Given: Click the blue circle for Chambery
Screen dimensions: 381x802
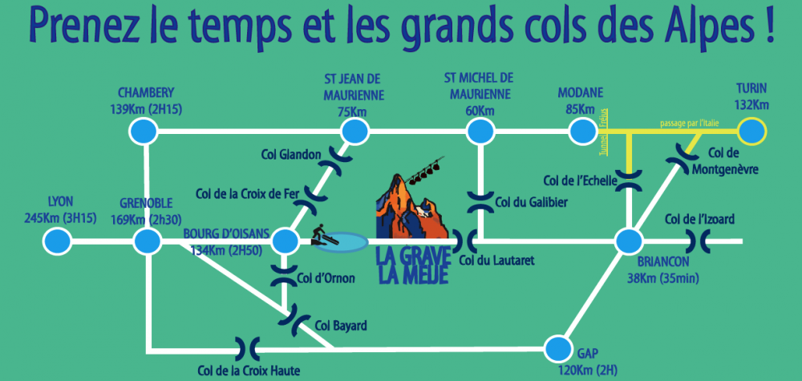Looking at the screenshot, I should [143, 130].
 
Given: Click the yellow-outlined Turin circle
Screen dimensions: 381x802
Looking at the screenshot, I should [751, 129].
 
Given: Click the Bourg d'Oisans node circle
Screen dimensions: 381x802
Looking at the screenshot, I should [286, 241].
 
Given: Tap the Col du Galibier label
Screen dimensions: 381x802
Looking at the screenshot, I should [532, 203].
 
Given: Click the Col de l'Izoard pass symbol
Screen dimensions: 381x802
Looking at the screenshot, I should [698, 240].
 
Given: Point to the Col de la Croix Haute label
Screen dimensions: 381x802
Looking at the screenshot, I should [249, 370].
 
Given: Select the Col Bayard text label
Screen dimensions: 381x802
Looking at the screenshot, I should [341, 326].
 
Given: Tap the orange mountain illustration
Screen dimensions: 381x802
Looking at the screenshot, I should [409, 205].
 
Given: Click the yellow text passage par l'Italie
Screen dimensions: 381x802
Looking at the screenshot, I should [695, 122].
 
